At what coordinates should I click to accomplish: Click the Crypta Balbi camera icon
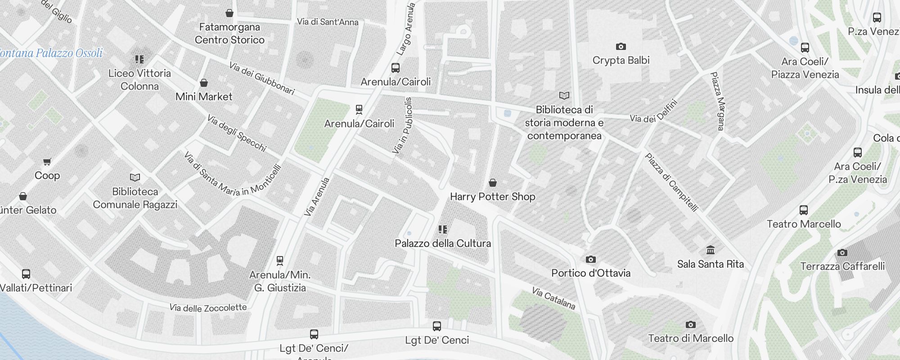coord(621,46)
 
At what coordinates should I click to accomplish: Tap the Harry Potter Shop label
coord(492,197)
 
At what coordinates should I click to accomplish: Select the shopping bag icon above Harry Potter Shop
coord(493,183)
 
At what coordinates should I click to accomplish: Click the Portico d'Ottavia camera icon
coord(591,259)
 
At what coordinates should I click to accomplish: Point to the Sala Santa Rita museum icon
coord(711,250)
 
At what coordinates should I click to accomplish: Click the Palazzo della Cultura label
coord(443,243)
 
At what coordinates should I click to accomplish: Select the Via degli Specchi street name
coord(237,133)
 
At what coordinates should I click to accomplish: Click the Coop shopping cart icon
coord(47,162)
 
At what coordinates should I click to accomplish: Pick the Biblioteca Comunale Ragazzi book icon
coord(135,178)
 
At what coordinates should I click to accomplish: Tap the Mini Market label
coord(204,96)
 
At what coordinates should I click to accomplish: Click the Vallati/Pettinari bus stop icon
coord(26,274)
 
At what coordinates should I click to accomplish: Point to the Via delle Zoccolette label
coord(208,308)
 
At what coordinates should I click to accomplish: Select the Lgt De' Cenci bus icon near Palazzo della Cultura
coord(436,326)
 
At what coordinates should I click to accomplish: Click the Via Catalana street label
coord(553,298)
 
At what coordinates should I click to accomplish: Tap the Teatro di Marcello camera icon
coord(691,324)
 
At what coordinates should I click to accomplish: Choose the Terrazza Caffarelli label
coord(842,266)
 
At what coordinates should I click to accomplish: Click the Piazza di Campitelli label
coord(671,182)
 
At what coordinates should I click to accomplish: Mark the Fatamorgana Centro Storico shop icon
coord(229,13)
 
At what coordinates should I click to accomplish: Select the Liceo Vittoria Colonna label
coord(139,80)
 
